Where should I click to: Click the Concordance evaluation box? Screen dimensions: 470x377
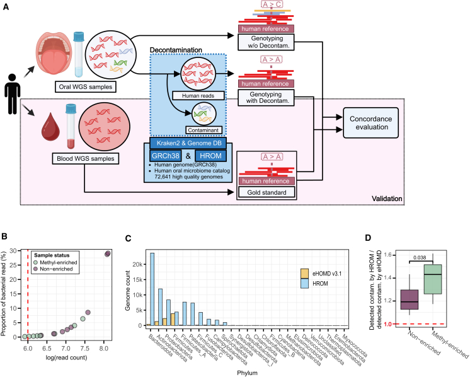point(371,123)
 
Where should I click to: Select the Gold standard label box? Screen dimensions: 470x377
point(267,192)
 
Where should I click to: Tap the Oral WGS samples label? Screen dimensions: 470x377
point(86,86)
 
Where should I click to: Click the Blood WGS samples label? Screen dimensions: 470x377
point(86,158)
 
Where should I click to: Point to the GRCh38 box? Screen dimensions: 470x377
point(166,156)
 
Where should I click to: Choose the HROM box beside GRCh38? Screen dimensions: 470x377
point(210,156)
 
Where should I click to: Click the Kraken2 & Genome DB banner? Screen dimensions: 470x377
point(188,143)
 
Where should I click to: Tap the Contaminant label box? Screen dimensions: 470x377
point(203,130)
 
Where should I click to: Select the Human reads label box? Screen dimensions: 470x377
point(198,96)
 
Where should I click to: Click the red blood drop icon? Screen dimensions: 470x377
point(50,127)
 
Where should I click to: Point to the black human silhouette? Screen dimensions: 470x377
point(13,94)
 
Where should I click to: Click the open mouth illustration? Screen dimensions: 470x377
point(54,55)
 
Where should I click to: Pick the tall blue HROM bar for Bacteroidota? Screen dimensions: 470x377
point(152,289)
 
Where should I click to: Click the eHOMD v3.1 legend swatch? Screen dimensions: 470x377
point(304,274)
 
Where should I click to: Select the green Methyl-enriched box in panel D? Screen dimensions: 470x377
point(433,279)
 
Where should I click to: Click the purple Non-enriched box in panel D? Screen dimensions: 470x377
point(410,299)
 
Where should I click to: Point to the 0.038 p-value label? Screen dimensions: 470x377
point(420,258)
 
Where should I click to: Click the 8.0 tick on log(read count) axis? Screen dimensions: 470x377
point(104,348)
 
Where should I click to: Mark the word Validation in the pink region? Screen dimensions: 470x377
point(387,199)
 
